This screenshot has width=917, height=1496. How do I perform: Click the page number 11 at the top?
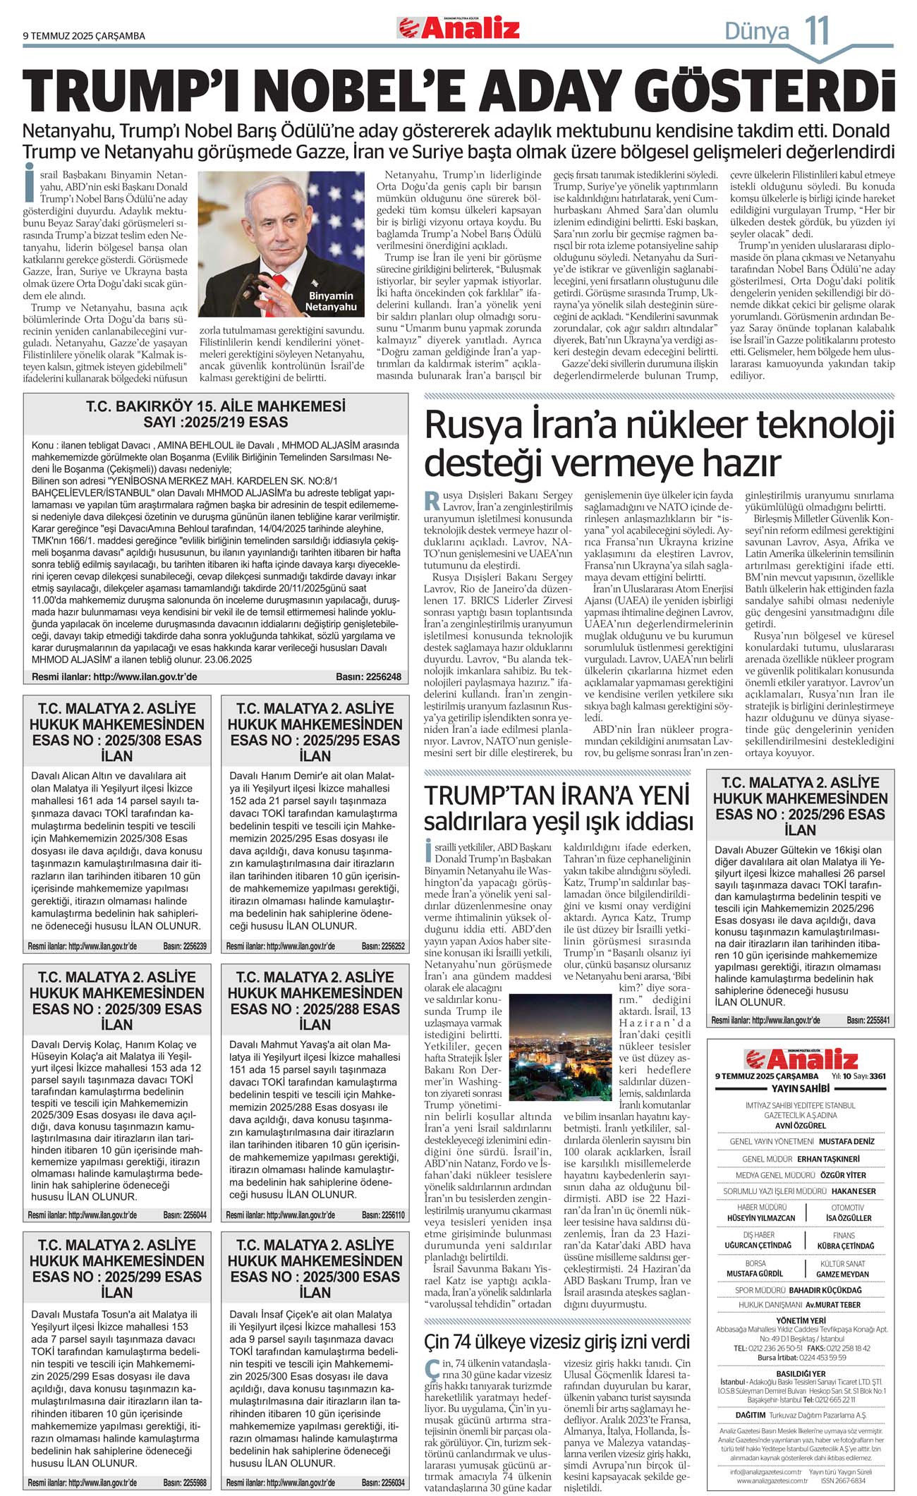tap(818, 30)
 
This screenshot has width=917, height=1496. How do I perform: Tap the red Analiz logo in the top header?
tap(459, 28)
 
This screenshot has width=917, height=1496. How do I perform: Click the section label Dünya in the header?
tap(757, 31)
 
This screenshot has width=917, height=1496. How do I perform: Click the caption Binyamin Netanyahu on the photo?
tap(330, 301)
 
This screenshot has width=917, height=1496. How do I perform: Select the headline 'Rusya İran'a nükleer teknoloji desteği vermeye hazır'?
tap(659, 444)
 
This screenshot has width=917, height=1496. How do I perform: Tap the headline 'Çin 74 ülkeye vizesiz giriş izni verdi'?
tap(557, 1341)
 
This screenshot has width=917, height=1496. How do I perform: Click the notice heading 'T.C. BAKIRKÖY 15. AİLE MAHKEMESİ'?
tap(216, 406)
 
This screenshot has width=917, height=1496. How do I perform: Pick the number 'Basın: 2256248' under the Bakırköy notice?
tap(368, 677)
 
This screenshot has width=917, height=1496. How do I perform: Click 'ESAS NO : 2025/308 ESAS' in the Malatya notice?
tap(117, 740)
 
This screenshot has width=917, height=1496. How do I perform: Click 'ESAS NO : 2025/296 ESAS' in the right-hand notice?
tap(800, 814)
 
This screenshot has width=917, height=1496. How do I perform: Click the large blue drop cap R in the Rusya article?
tap(432, 501)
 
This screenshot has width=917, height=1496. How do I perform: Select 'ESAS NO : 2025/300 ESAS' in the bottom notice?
tap(315, 1277)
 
